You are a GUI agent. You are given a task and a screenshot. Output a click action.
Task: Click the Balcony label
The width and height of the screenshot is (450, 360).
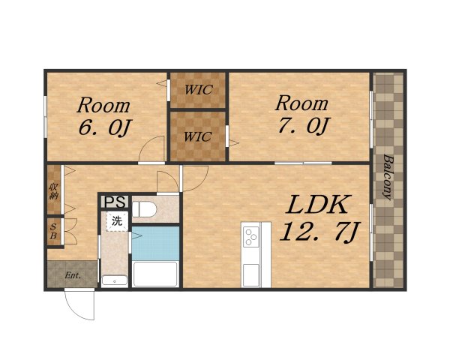coord(388,177)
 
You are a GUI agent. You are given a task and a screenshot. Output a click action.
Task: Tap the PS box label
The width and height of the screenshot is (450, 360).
coord(115,202)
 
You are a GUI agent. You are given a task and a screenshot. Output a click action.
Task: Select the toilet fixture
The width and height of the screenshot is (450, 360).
coord(144,209)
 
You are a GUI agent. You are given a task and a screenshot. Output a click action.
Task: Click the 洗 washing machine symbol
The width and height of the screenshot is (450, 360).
coord(117,221)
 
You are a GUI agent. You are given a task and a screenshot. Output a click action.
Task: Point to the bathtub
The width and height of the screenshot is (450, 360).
coord(155,274)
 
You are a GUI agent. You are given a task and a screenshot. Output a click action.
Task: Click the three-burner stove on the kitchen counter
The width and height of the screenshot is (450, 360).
coord(250,236)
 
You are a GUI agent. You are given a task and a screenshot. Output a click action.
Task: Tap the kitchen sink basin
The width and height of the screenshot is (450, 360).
coord(250,275)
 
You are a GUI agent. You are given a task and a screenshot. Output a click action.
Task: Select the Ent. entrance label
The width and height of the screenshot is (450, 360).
coord(73,275)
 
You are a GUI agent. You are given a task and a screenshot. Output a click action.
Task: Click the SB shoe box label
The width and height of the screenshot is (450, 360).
coord(53,232)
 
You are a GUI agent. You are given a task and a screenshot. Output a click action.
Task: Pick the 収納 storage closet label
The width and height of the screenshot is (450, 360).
coord(54,191)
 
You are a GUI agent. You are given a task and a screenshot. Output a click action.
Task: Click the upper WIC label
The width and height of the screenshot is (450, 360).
coord(199,90)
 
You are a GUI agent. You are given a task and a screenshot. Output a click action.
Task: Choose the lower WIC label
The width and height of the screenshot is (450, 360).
coord(198,136)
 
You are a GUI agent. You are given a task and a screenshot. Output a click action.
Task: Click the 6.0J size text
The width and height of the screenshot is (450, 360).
coord(105,127)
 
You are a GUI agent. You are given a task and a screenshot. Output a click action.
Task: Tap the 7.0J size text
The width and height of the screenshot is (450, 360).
coord(303,125)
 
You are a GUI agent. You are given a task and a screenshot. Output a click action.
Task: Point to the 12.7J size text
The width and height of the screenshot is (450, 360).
coord(319,232)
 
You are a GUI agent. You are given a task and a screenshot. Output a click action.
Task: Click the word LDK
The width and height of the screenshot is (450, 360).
coord(319,205)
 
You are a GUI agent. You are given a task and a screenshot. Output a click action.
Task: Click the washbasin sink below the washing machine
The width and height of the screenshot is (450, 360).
coord(115,280)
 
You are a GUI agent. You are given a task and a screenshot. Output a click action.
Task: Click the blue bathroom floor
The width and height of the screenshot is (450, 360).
coord(155,243)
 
